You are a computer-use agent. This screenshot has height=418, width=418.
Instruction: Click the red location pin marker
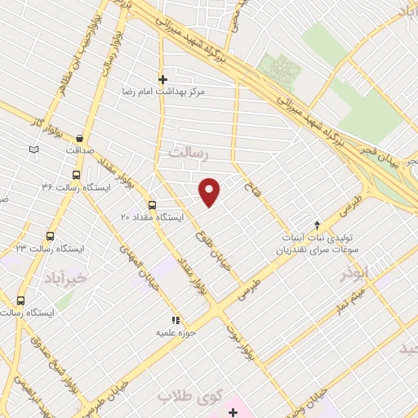coord(210,192)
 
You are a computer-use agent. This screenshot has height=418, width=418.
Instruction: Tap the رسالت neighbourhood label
coord(189,153)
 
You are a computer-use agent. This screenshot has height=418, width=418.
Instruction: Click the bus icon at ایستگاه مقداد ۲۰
coord(152,205)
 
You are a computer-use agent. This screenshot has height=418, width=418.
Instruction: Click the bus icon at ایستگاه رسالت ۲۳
coord(50,236)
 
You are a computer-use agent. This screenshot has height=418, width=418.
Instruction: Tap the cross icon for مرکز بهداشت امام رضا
coord(162,79)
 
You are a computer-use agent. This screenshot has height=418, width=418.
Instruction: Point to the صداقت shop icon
coord(79,139)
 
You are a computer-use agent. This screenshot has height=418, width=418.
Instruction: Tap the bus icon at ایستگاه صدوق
coord(20,300)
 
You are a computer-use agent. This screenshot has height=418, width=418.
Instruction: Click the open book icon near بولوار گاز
coord(33,149)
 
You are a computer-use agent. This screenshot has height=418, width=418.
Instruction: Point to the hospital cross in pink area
coord(233,412)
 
